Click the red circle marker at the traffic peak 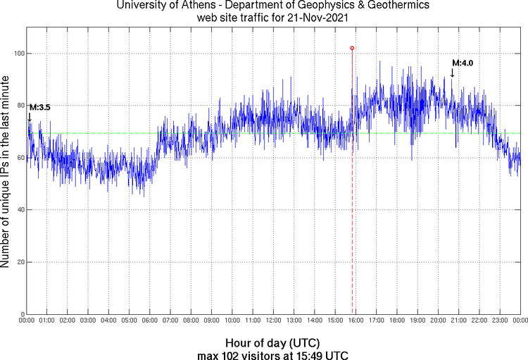click(352, 48)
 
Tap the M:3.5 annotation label click(39, 107)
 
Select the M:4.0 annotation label click(463, 63)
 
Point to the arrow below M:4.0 click(452, 72)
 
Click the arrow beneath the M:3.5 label click(30, 117)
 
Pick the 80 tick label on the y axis click(19, 106)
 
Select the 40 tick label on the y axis click(19, 210)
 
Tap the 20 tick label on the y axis click(19, 262)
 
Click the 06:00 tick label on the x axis click(150, 321)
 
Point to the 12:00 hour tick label click(273, 321)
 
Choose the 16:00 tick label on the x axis click(356, 321)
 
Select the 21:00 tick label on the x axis click(458, 321)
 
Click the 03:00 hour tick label click(88, 321)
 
